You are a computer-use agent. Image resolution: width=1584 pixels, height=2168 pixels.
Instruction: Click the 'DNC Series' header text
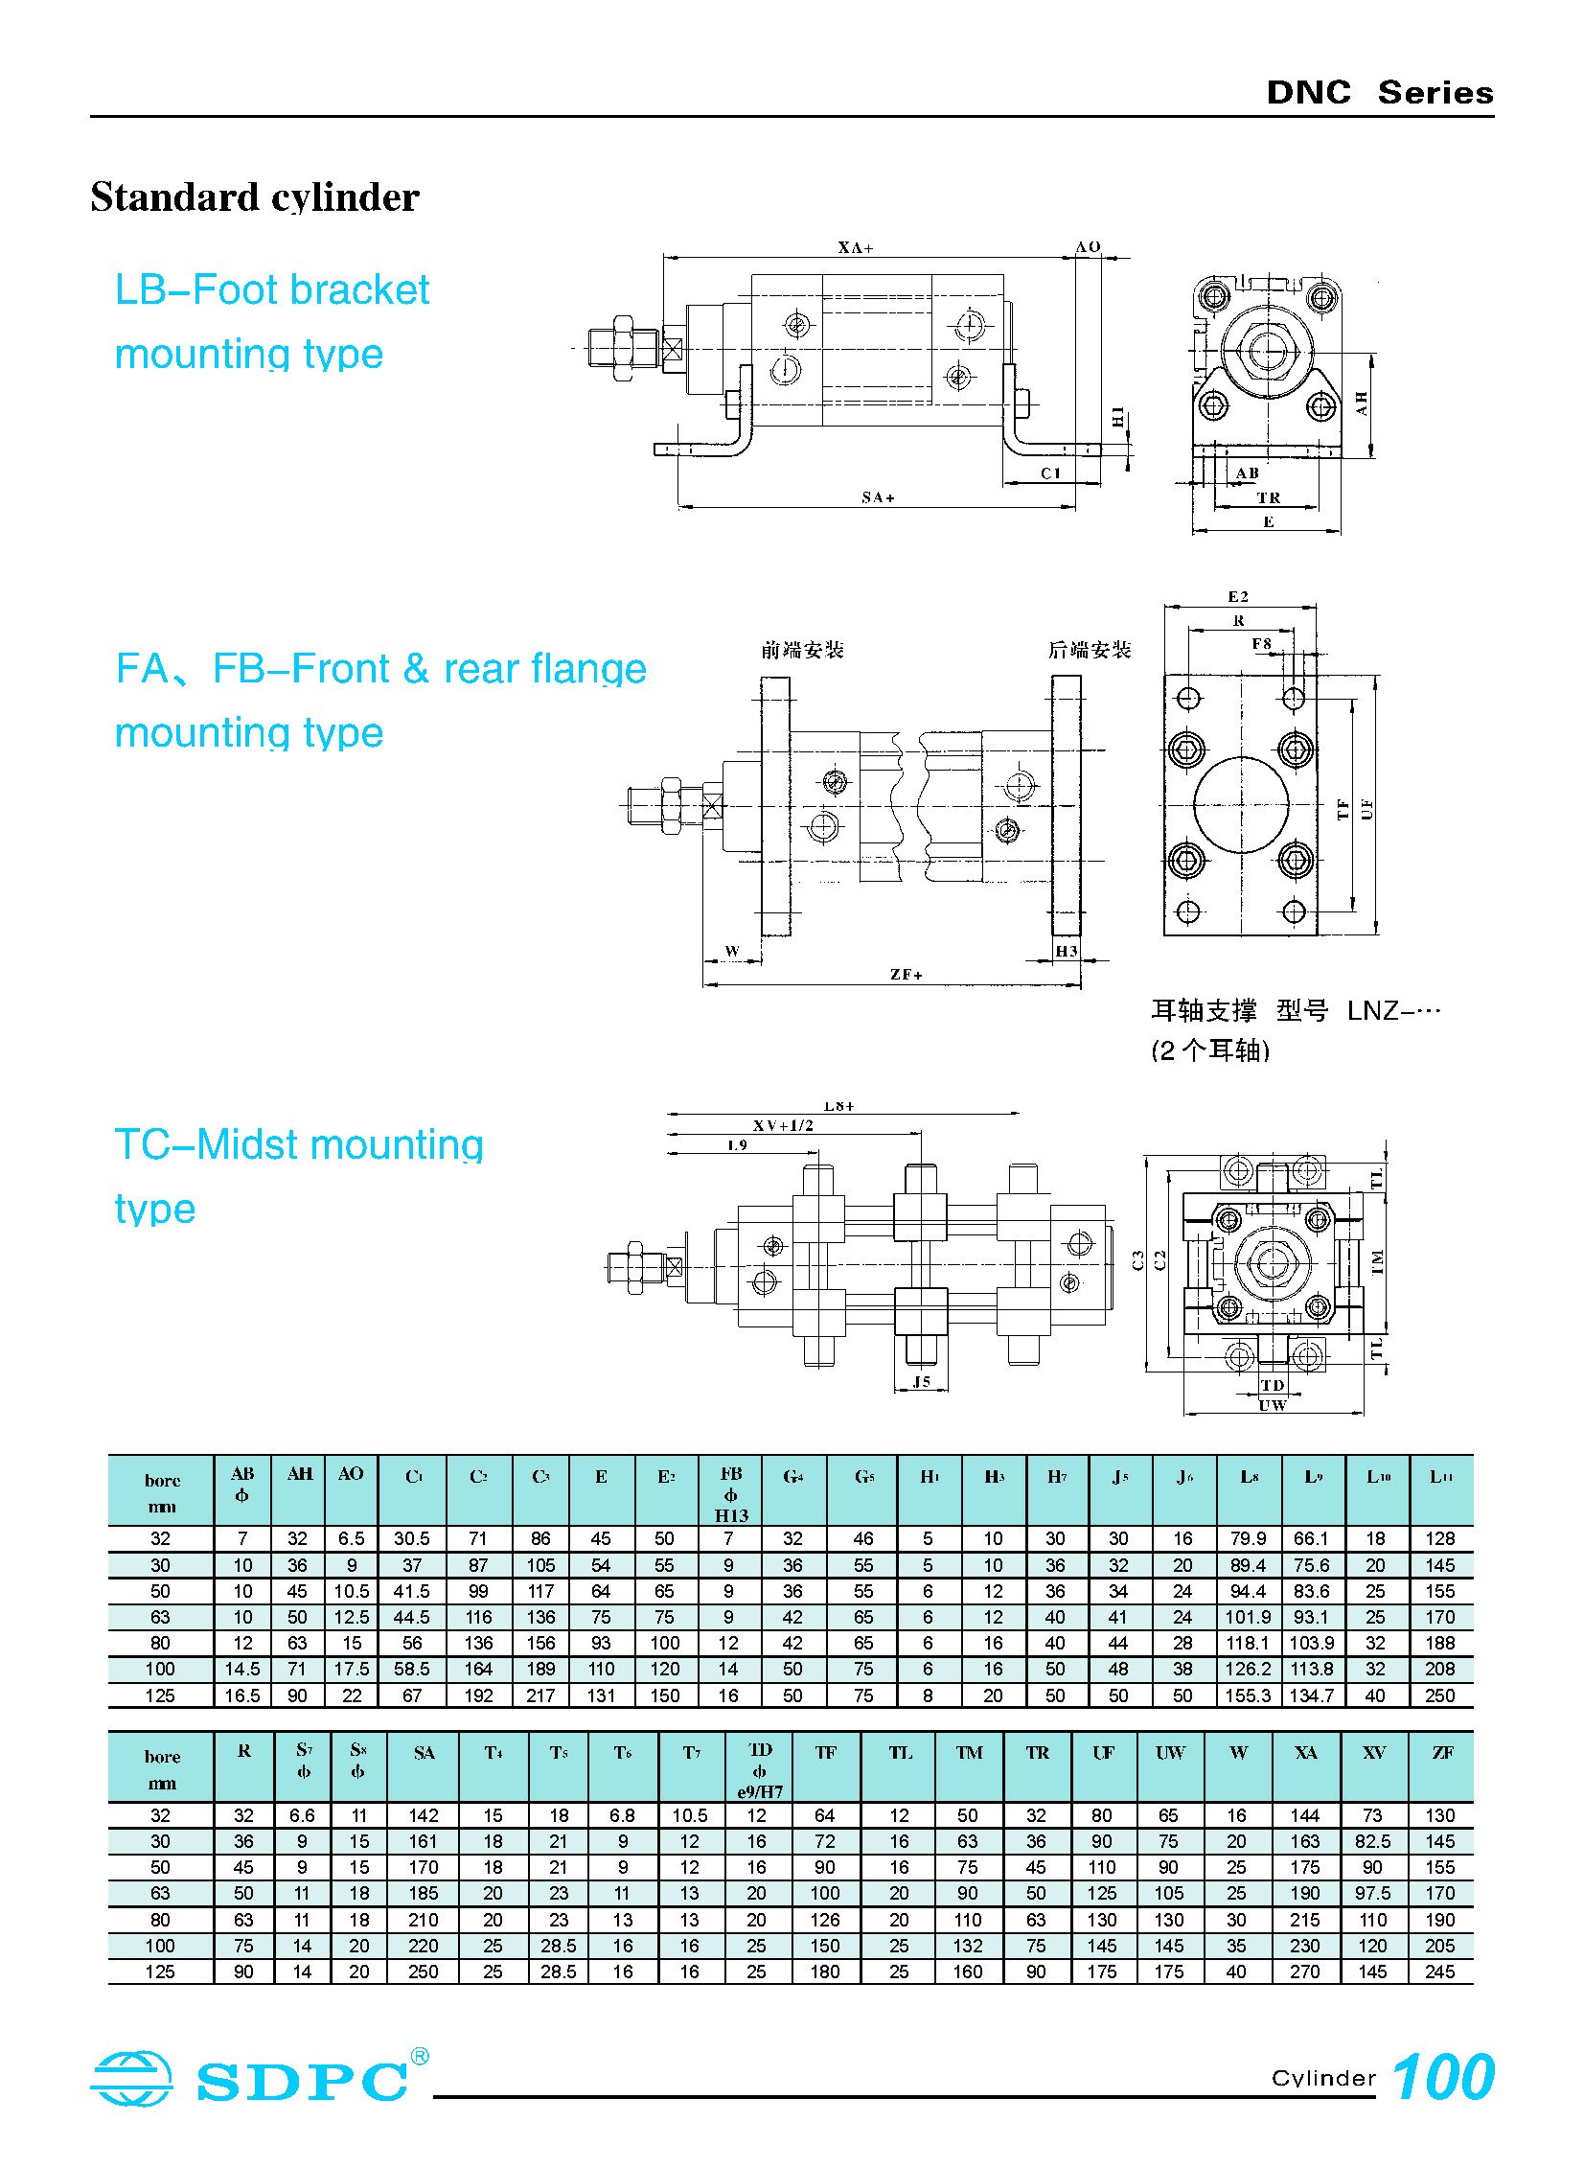tap(1379, 93)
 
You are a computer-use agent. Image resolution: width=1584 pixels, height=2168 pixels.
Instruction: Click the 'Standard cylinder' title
tap(255, 197)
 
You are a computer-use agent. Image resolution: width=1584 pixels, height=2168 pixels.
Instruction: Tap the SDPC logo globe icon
tap(132, 2078)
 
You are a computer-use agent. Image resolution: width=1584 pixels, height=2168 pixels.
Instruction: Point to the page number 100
tap(1442, 2077)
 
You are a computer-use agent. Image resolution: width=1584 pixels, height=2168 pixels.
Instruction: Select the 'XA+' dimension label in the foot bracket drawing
tap(856, 247)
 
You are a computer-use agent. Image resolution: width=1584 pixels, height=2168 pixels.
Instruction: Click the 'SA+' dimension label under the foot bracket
tap(878, 497)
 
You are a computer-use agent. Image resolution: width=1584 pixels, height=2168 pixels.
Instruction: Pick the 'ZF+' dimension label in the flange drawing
tap(907, 974)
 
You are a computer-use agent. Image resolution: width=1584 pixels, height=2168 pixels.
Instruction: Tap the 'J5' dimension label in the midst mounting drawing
tap(922, 1382)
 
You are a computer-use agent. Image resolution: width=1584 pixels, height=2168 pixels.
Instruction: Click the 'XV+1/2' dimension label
tap(782, 1125)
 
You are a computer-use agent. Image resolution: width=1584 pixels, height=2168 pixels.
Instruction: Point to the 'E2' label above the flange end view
tap(1238, 596)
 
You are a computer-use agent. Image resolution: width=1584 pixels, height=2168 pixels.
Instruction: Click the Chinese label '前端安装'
tap(803, 650)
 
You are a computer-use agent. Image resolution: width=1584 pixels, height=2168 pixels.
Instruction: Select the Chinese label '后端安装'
tap(1090, 650)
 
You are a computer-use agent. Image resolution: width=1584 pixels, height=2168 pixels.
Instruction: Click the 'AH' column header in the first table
tap(299, 1475)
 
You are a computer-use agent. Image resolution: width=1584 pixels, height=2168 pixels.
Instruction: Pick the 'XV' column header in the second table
tap(1374, 1752)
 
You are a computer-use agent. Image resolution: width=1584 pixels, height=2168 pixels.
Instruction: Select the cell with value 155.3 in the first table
tap(1248, 1695)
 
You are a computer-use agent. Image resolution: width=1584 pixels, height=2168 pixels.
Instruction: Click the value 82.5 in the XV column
tap(1373, 1841)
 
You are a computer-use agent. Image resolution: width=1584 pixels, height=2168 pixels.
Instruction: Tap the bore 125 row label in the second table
tap(160, 1972)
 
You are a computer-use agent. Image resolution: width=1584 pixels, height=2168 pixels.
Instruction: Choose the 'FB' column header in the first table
tap(730, 1475)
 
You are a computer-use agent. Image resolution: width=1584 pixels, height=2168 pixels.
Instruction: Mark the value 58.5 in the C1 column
tap(411, 1670)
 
